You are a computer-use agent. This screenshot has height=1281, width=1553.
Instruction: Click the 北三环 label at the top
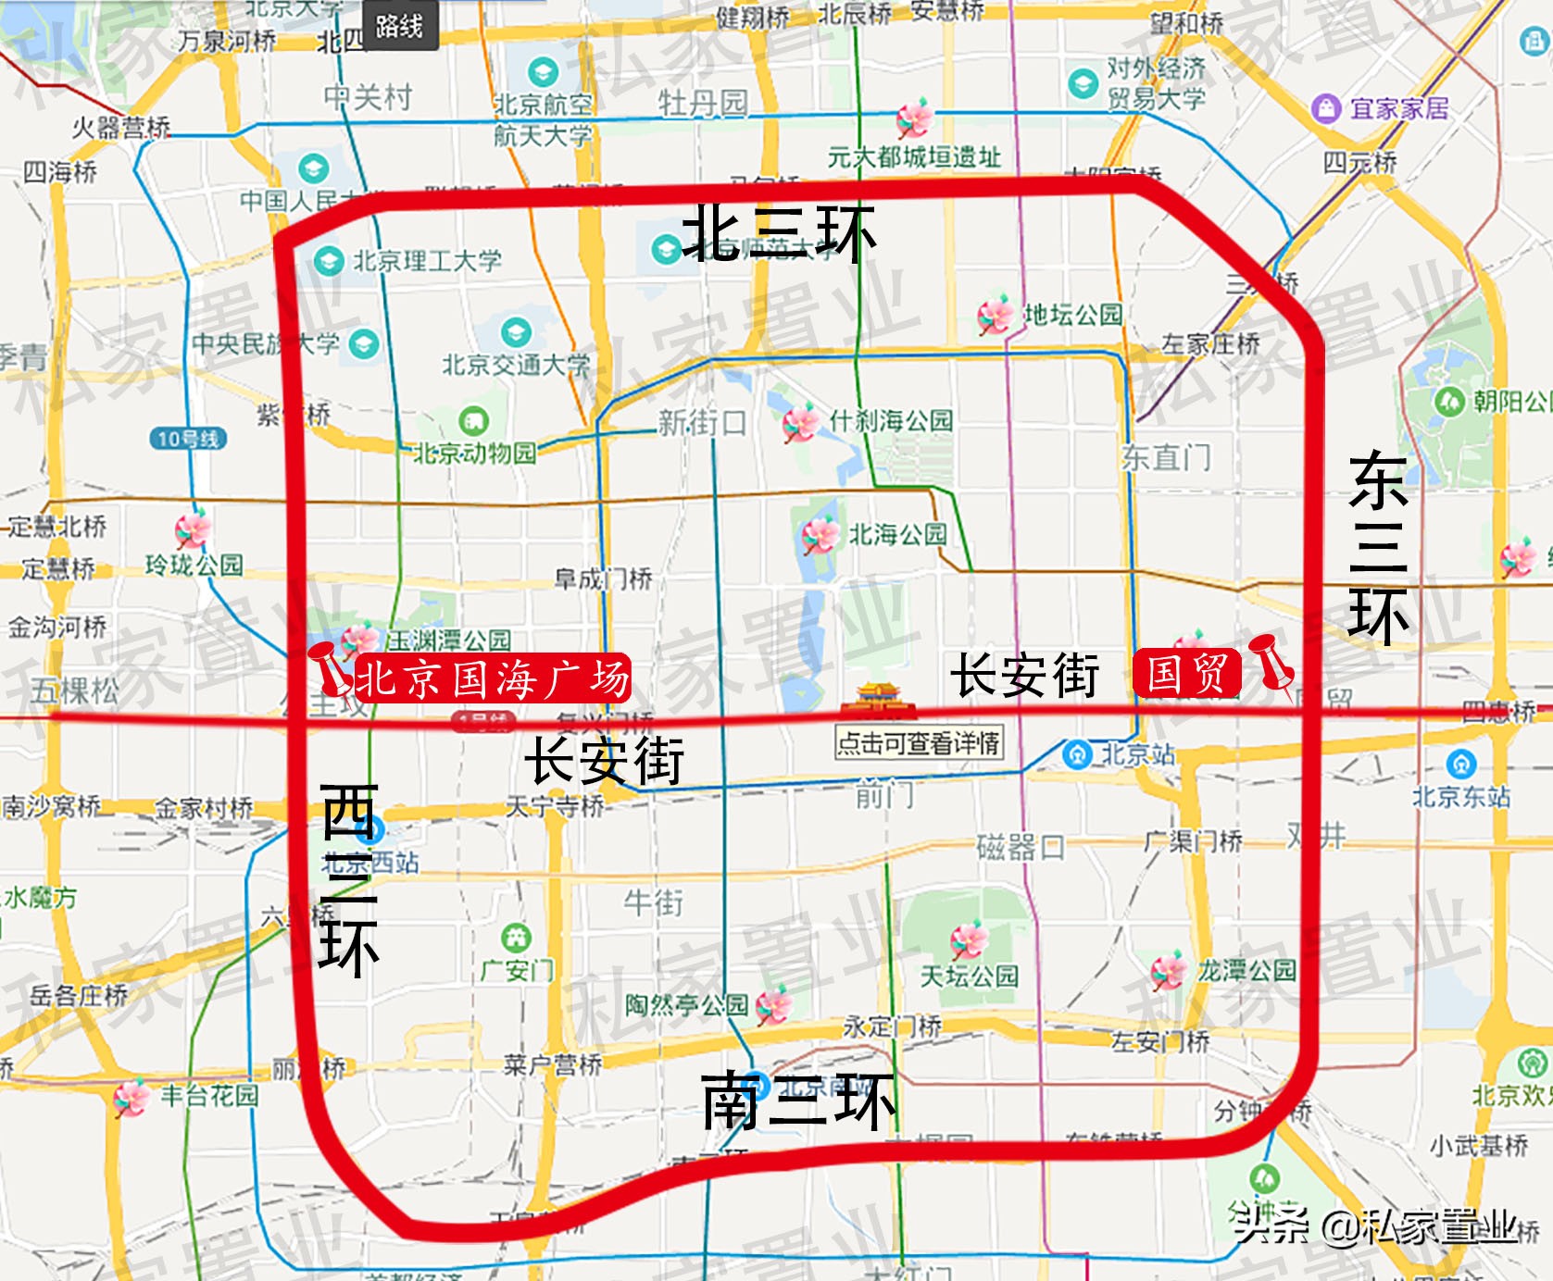coord(778,233)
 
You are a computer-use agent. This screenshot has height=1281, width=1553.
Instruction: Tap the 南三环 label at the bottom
coord(798,1101)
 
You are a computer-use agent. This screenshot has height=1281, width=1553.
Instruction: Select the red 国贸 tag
coord(1186,674)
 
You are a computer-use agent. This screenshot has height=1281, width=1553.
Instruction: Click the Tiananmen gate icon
coord(875,701)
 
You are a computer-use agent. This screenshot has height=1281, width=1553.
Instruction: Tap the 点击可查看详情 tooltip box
coord(919,742)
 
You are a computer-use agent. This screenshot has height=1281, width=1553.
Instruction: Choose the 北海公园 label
coord(897,534)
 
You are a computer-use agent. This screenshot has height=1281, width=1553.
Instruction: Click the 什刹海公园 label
coord(890,421)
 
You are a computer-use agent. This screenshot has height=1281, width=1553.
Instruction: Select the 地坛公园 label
coord(1072,315)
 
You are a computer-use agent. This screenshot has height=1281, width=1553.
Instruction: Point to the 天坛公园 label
coord(969,976)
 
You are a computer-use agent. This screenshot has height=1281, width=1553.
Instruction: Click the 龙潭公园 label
coord(1246,971)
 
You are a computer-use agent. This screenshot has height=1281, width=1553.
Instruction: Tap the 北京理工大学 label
coord(427,261)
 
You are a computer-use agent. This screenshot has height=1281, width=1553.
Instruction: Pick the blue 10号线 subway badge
coord(188,439)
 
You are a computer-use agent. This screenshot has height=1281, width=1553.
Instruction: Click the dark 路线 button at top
coord(399,26)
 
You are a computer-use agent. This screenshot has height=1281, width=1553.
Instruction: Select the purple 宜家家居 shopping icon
coord(1326,108)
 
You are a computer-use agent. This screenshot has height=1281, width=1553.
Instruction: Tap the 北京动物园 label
coord(474,453)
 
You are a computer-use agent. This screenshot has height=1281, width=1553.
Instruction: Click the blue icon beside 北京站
coord(1076,754)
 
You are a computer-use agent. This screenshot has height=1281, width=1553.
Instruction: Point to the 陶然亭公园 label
coord(686,1005)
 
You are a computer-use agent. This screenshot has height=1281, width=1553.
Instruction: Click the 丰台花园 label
coord(209,1096)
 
